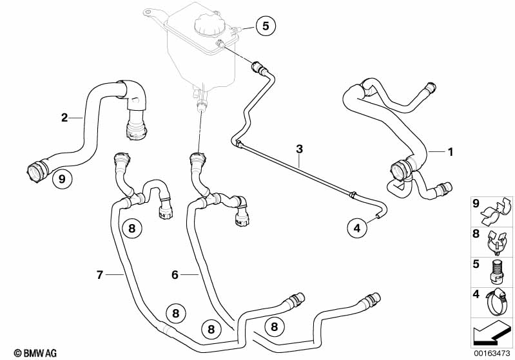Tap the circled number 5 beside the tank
click(x=265, y=26)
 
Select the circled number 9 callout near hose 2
click(x=61, y=179)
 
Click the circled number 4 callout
click(x=356, y=227)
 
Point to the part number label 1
click(x=451, y=152)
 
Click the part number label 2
click(x=64, y=117)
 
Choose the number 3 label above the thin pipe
click(x=299, y=149)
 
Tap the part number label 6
click(x=175, y=275)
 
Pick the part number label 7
click(x=100, y=275)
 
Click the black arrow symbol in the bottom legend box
click(x=491, y=334)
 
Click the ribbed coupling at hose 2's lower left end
click(x=36, y=172)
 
